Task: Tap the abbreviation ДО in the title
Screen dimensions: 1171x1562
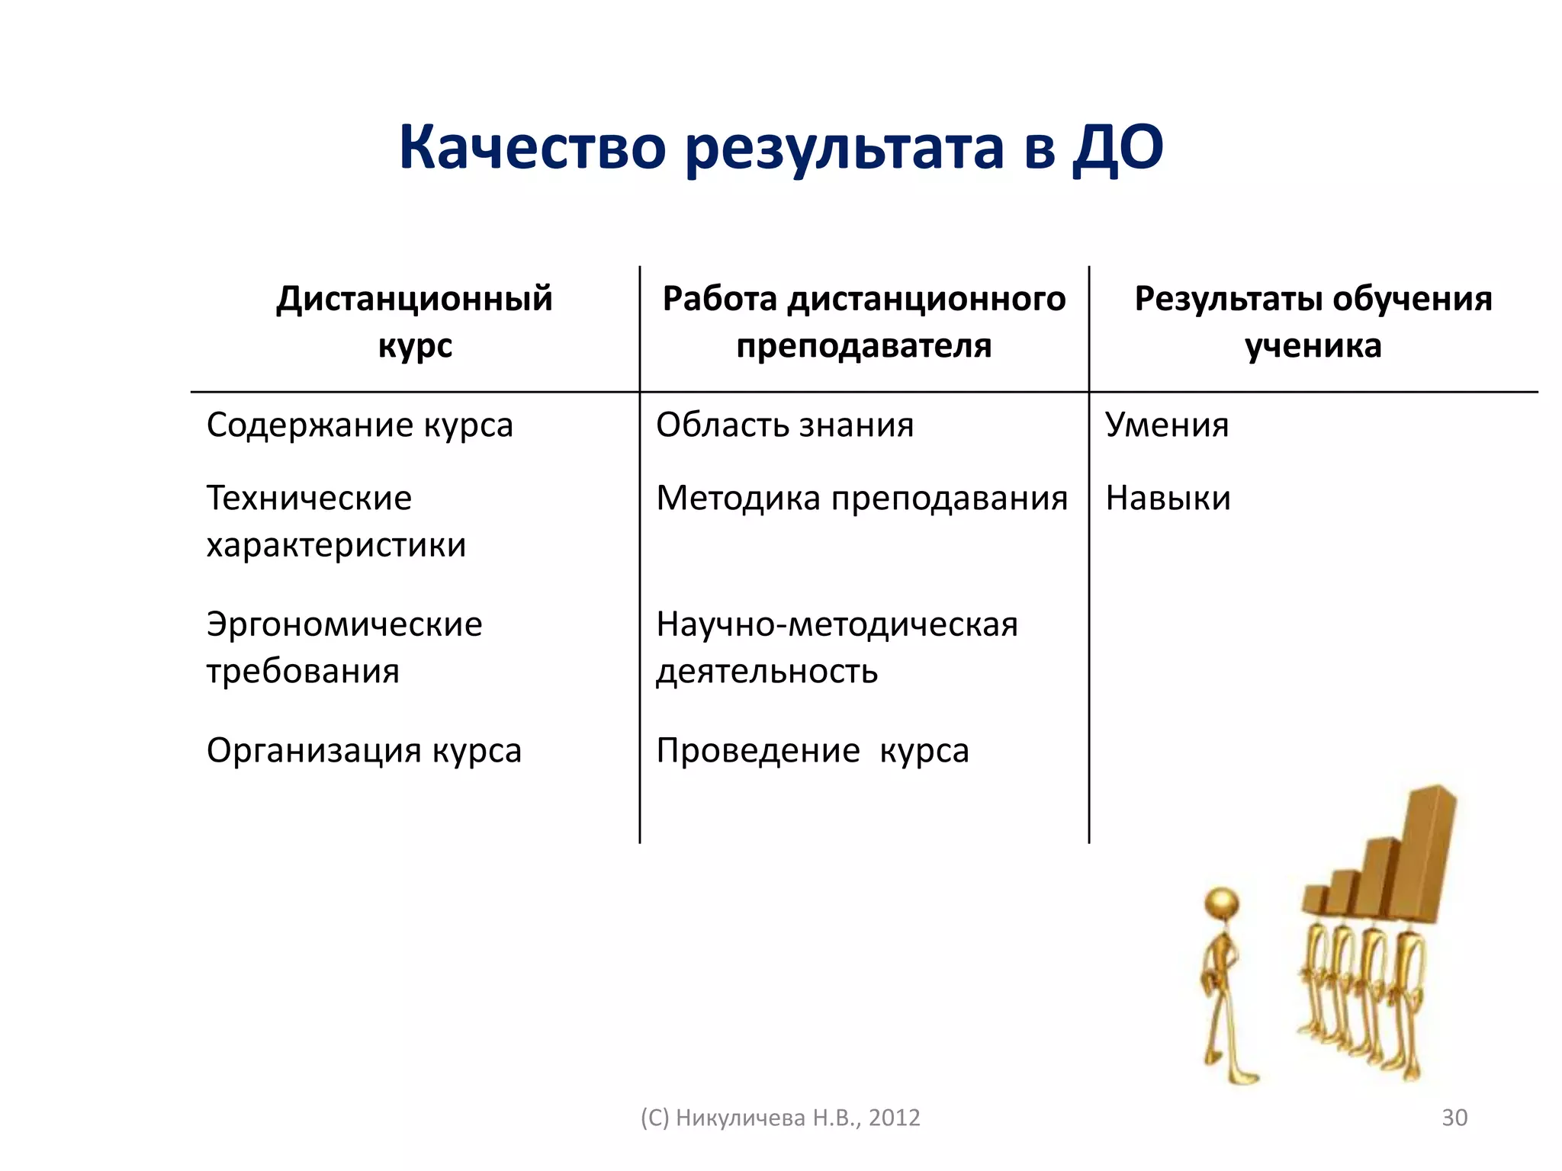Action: click(1117, 147)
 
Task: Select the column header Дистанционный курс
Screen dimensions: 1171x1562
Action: click(414, 322)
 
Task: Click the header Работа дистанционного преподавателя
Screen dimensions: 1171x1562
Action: click(863, 322)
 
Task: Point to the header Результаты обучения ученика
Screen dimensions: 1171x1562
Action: click(1313, 322)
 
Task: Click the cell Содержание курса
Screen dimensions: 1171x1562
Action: click(359, 425)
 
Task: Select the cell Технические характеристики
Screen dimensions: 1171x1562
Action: click(336, 521)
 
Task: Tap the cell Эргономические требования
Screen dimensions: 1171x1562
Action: click(344, 647)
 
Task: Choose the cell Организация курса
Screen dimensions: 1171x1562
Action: click(364, 751)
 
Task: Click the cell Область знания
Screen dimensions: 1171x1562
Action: click(784, 425)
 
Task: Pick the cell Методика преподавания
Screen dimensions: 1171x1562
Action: click(862, 499)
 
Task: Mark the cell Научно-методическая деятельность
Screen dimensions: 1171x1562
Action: click(837, 647)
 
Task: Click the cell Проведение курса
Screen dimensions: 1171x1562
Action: click(812, 751)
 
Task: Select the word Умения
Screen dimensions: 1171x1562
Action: click(1167, 425)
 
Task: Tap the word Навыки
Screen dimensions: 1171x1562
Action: click(1168, 499)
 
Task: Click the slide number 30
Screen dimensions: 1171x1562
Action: click(1454, 1118)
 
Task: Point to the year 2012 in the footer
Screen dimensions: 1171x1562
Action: click(894, 1118)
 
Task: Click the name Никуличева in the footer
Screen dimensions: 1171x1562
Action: click(741, 1118)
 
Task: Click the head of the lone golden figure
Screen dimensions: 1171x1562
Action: click(1222, 906)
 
